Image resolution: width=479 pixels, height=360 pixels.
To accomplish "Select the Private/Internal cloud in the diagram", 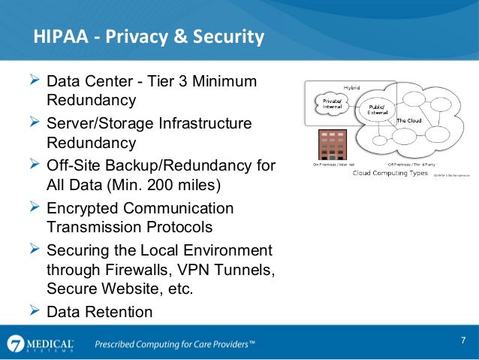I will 332,104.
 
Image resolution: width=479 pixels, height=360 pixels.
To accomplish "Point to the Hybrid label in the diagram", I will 352,89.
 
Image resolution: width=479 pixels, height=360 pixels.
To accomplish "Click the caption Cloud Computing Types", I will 388,174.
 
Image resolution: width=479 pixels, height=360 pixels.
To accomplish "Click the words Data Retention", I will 99,311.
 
